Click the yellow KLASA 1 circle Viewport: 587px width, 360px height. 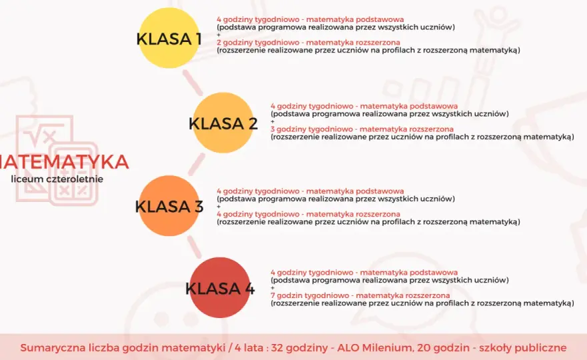tap(169, 38)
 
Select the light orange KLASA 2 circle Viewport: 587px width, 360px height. tap(223, 123)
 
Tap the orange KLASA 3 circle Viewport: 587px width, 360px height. tap(169, 205)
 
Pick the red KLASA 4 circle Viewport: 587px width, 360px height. tap(219, 287)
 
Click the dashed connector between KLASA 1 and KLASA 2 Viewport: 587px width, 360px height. tap(192, 82)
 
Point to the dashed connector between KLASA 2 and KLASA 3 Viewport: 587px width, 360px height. tap(196, 164)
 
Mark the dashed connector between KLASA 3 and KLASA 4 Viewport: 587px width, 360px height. tap(194, 247)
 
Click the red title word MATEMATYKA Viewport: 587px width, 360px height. tap(64, 162)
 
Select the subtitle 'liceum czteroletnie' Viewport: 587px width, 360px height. tap(57, 179)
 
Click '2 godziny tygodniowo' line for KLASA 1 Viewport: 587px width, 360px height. tap(308, 42)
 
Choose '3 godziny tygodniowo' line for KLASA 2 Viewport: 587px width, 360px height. tap(362, 129)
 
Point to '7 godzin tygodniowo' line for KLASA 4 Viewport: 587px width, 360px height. tap(360, 295)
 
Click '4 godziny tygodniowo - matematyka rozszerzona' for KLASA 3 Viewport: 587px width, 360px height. tap(308, 214)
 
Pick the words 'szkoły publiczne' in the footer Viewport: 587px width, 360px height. tap(523, 347)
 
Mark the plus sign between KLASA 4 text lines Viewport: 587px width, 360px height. tap(273, 288)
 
